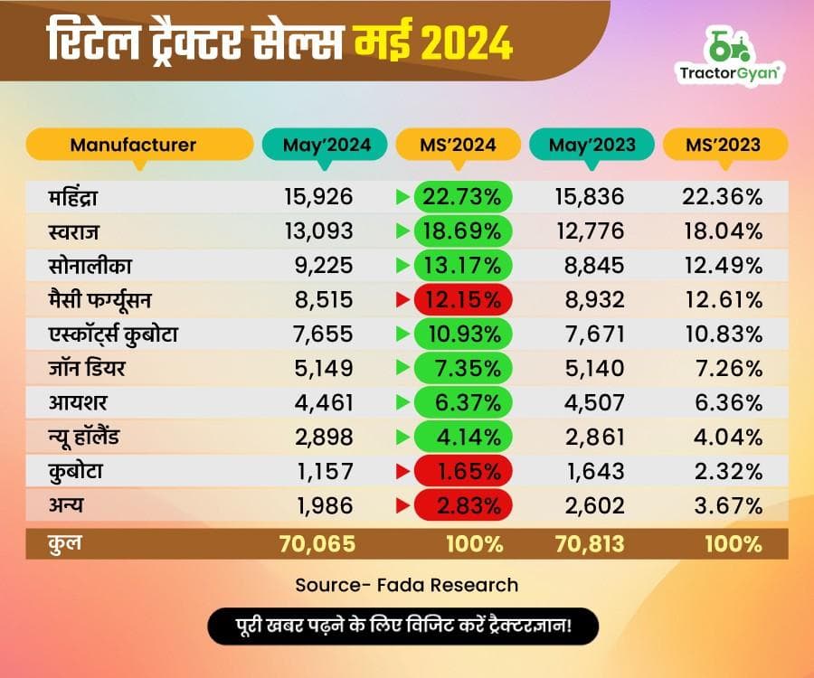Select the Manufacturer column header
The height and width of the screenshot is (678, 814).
click(x=134, y=145)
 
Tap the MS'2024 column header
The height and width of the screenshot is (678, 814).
click(x=458, y=145)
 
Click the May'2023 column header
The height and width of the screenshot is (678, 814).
click(x=592, y=145)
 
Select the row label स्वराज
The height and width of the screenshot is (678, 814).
click(x=77, y=231)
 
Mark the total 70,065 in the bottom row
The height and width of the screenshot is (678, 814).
click(x=319, y=544)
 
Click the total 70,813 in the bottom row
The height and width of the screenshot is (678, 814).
click(x=591, y=544)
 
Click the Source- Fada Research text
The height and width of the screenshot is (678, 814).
click(x=406, y=585)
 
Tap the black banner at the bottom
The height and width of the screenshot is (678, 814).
click(x=406, y=626)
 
